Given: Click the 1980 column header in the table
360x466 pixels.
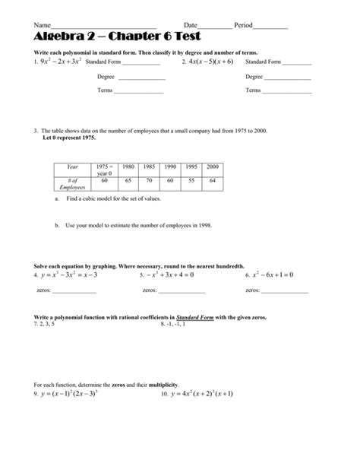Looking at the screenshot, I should coord(128,166).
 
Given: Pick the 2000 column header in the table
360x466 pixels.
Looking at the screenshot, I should coord(213,166).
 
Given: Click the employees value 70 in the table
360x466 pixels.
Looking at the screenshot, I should coord(150,181).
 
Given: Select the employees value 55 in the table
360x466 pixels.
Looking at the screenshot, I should coord(191,181).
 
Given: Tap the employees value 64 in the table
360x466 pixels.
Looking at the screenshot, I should coord(213,181).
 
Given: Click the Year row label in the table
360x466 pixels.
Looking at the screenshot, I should coord(73,166).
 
